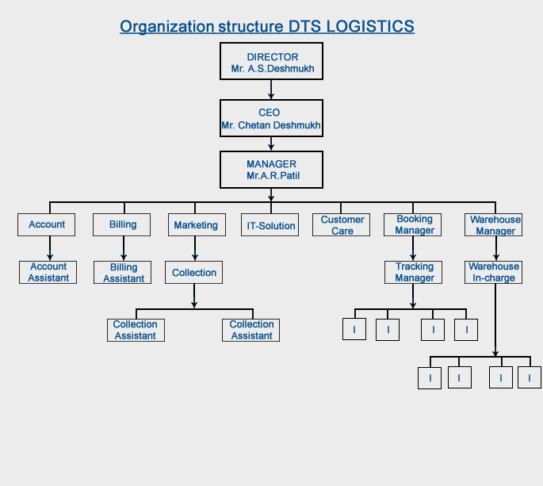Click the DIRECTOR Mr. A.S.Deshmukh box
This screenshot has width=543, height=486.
click(x=271, y=62)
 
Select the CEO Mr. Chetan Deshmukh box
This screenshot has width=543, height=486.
click(x=271, y=118)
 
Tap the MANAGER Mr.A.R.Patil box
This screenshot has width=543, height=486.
click(x=271, y=170)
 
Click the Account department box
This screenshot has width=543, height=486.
click(x=47, y=224)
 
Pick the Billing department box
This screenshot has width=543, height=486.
click(x=123, y=224)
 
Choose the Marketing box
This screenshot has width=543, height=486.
click(x=195, y=225)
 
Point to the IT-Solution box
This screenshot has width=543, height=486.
click(x=271, y=225)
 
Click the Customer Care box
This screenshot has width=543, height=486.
click(x=342, y=224)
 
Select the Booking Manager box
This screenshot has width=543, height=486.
click(x=415, y=224)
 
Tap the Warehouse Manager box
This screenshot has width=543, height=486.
click(x=495, y=224)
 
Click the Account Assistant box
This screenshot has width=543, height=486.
click(x=48, y=272)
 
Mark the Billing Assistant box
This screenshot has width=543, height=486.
click(x=124, y=273)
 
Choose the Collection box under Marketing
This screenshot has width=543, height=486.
click(x=194, y=273)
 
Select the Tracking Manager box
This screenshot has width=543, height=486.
click(x=415, y=272)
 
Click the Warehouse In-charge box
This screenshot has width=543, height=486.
click(x=494, y=272)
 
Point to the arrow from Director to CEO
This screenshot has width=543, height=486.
click(x=271, y=89)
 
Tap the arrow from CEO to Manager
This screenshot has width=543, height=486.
click(x=271, y=144)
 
